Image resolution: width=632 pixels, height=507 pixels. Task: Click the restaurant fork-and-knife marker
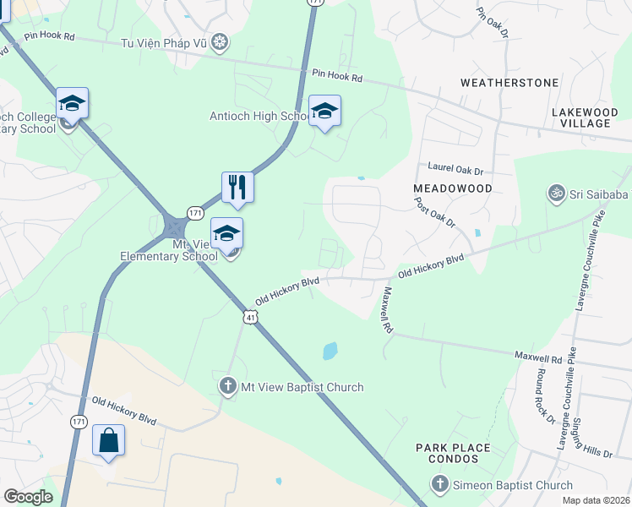(237, 187)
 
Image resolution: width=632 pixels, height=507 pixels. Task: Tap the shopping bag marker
(109, 440)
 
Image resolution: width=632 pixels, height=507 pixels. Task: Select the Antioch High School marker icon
(324, 112)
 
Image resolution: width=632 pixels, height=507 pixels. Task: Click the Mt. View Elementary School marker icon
(226, 233)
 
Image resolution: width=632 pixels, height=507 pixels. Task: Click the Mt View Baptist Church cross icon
(227, 387)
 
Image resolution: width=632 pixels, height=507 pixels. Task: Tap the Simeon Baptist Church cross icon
(439, 484)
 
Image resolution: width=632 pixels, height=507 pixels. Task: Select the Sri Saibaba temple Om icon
(555, 194)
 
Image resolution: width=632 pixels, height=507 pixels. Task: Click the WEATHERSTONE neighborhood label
(509, 83)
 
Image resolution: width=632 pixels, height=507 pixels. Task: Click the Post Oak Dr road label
(434, 214)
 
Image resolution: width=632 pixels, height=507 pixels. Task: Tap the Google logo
(28, 497)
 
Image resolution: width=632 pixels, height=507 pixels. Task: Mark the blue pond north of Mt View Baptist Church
(330, 351)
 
